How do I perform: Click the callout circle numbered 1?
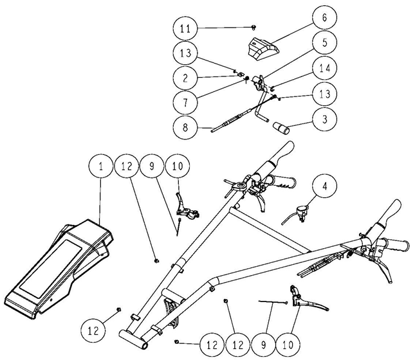(100, 166)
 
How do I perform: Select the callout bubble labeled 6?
(324, 17)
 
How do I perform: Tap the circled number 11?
(185, 28)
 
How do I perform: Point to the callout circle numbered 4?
(324, 186)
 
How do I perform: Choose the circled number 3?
(324, 119)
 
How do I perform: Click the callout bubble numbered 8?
(185, 127)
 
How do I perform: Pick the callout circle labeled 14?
(324, 68)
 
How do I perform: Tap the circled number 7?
(185, 102)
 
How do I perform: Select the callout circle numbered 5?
(324, 42)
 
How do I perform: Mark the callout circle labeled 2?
(185, 78)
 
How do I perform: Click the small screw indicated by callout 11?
(254, 26)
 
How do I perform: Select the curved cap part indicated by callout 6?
(263, 50)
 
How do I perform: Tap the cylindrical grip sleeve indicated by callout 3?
(281, 128)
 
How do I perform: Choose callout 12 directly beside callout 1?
(127, 166)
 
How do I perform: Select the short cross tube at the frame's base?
(133, 339)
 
